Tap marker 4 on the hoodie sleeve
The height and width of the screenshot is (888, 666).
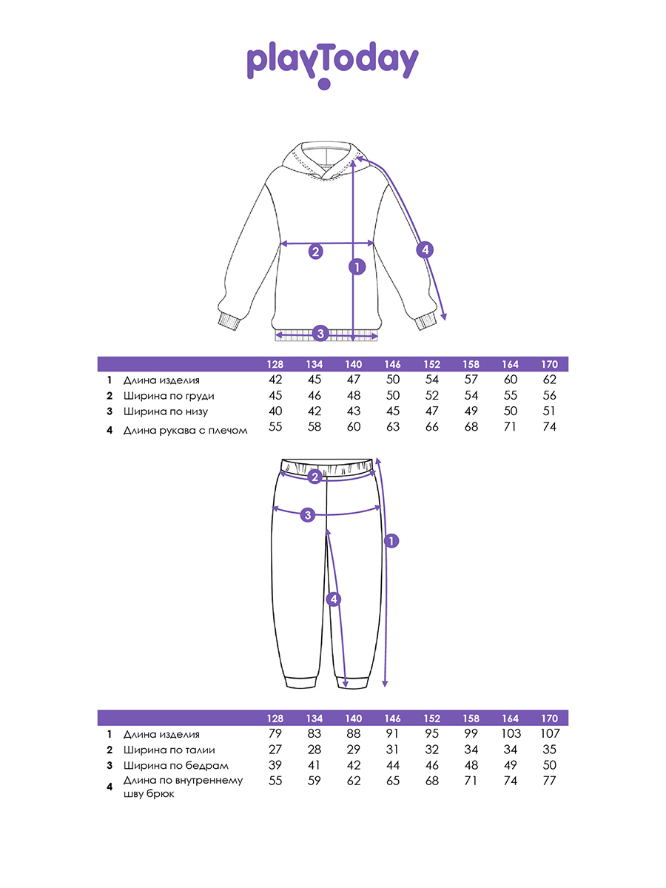click(x=425, y=249)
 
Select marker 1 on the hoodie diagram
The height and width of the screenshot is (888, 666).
click(x=357, y=267)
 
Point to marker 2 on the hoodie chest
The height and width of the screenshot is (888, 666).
click(x=316, y=252)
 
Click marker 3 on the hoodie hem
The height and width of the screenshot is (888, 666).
click(x=320, y=334)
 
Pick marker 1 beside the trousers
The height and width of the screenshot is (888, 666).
click(x=391, y=541)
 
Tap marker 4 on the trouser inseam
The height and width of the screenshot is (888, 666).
click(x=334, y=599)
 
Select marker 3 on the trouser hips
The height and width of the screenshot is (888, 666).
click(x=308, y=515)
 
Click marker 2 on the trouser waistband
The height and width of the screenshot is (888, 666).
click(x=314, y=477)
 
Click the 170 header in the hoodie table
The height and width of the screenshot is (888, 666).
click(x=549, y=364)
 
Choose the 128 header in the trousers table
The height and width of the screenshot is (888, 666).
click(x=275, y=719)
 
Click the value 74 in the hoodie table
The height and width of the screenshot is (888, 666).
click(x=549, y=426)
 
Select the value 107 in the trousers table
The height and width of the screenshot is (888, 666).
click(x=549, y=734)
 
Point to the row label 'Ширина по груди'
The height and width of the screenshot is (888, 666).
click(x=169, y=396)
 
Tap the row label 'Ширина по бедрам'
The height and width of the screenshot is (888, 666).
click(x=176, y=766)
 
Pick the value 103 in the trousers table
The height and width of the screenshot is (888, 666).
click(x=510, y=734)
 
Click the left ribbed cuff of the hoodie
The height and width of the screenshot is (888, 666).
click(x=230, y=322)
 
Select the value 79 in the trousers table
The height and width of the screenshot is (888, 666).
click(x=275, y=734)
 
